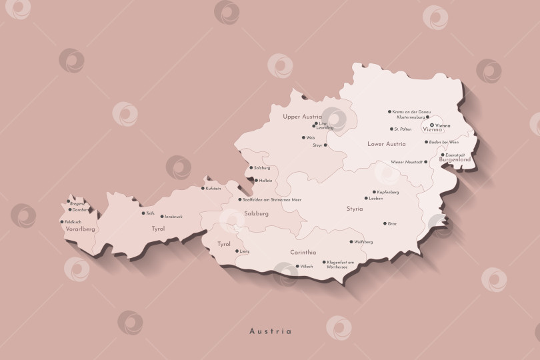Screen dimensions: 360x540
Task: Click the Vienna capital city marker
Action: tap(432, 125)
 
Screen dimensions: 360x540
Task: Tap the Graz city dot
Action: tap(385, 223)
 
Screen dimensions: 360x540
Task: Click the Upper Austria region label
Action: tap(302, 116)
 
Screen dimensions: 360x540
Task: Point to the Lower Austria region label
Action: tap(386, 144)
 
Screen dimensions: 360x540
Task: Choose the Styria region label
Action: tap(355, 209)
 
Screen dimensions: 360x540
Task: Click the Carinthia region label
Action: tap(303, 253)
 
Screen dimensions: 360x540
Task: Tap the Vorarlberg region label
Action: tap(79, 229)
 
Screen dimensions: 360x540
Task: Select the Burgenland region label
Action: tap(455, 160)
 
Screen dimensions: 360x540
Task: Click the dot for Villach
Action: tap(297, 266)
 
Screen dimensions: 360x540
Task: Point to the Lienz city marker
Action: tap(237, 251)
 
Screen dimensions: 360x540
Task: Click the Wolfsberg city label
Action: tap(363, 242)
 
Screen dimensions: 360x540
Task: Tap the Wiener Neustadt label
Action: tap(406, 162)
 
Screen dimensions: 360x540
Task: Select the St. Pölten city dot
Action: tap(391, 129)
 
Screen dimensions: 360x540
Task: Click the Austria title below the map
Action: tap(270, 331)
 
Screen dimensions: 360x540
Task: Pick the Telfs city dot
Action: tap(143, 213)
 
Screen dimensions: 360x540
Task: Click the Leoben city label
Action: tap(375, 198)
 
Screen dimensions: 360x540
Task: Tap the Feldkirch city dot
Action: tap(62, 222)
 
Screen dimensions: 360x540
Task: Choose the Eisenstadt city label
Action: tap(455, 155)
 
